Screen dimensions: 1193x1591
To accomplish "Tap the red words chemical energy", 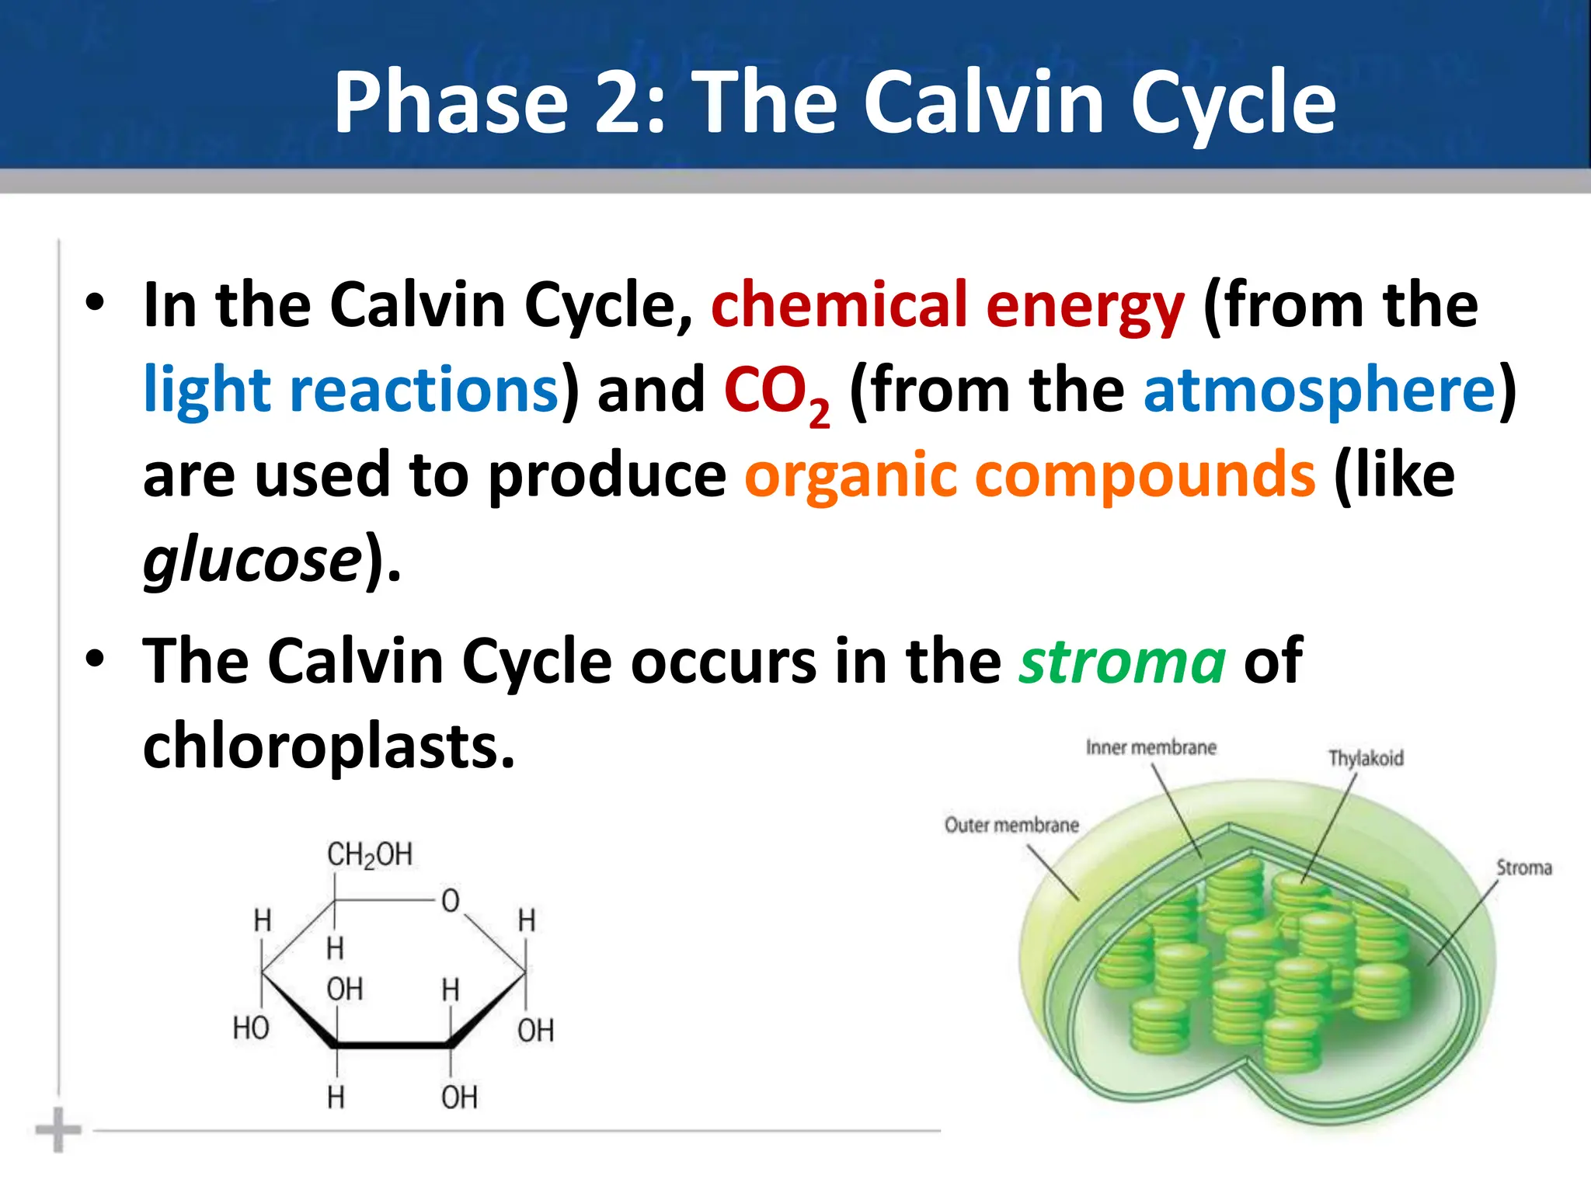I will pyautogui.click(x=947, y=305).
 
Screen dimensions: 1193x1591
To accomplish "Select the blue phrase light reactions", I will pyautogui.click(x=351, y=389).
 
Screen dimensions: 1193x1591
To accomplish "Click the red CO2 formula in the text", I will pyautogui.click(x=776, y=392).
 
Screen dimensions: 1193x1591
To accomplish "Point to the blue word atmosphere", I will pyautogui.click(x=1319, y=389).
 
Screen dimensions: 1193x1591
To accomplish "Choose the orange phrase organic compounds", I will pyautogui.click(x=1030, y=475).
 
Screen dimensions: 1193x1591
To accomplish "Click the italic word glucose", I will pyautogui.click(x=252, y=560).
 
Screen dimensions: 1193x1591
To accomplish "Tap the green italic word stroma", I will pyautogui.click(x=1123, y=661).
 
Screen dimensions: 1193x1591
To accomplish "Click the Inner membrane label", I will pyautogui.click(x=1151, y=748).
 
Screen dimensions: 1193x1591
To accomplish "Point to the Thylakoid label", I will pyautogui.click(x=1366, y=758).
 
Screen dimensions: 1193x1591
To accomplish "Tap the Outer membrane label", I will pyautogui.click(x=1011, y=825).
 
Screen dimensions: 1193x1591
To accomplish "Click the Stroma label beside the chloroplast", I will pyautogui.click(x=1523, y=868).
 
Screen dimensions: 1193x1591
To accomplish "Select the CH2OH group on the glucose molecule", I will pyautogui.click(x=369, y=854).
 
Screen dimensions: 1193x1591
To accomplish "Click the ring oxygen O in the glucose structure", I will pyautogui.click(x=451, y=901).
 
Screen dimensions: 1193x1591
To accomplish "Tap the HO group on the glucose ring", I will pyautogui.click(x=251, y=1028).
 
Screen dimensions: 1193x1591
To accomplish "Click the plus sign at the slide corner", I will pyautogui.click(x=58, y=1130).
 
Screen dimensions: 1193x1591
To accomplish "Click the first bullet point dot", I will pyautogui.click(x=95, y=303).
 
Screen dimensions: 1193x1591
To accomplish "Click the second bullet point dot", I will pyautogui.click(x=95, y=659).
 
